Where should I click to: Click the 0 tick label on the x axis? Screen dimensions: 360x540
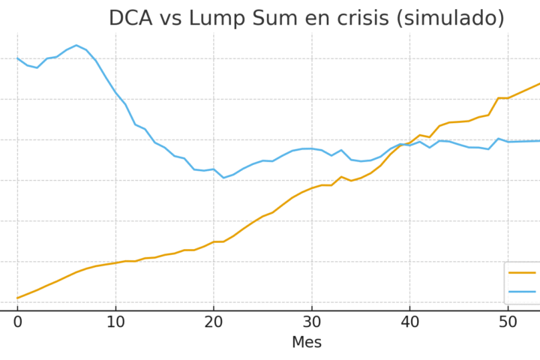click(17, 322)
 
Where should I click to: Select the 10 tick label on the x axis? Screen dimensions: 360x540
click(115, 322)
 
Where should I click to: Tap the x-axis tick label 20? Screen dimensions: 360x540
click(214, 322)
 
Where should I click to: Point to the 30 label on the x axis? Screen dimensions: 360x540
click(311, 322)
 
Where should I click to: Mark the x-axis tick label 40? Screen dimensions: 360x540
click(409, 322)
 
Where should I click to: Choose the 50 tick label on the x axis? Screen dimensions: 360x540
click(508, 322)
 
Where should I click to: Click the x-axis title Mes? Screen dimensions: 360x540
click(306, 343)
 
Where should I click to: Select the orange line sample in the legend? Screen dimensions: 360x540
click(523, 273)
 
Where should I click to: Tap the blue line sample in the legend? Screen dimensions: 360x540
click(523, 291)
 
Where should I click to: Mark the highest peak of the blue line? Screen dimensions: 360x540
click(76, 45)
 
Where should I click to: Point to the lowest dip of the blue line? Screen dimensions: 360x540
click(223, 178)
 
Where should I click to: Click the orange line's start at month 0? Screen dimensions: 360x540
click(17, 298)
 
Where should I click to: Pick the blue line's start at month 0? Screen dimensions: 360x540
click(17, 58)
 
